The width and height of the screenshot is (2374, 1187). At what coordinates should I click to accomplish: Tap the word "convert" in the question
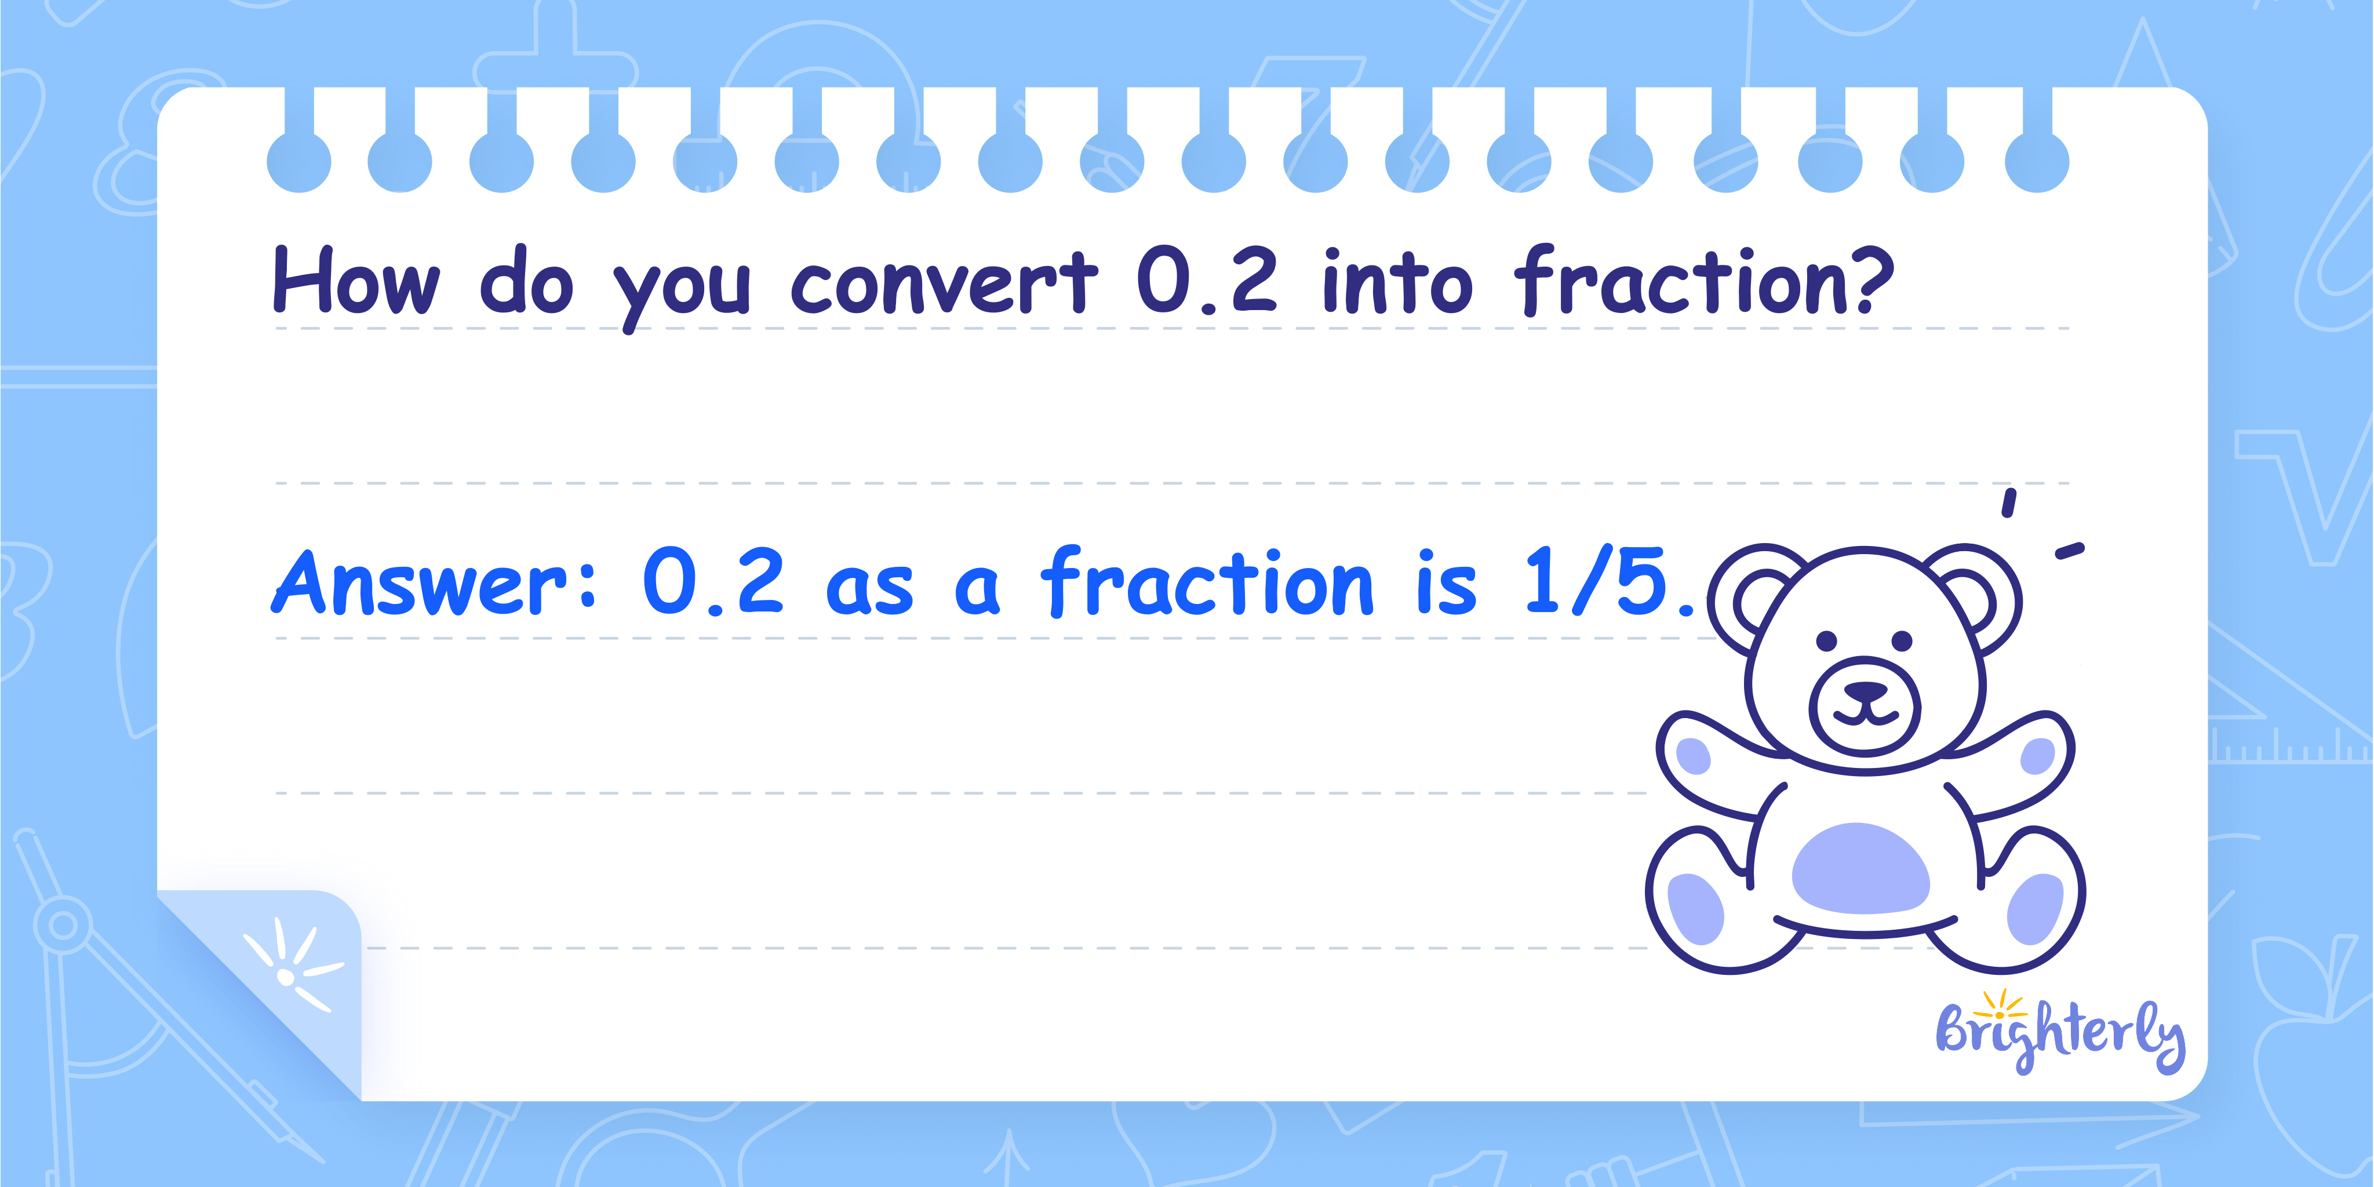point(945,282)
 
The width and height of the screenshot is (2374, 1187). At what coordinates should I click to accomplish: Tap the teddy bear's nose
point(1865,692)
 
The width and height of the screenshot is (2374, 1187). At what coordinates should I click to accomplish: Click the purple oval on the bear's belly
point(1860,868)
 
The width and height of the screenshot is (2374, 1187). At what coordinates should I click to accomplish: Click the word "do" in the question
point(526,280)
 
